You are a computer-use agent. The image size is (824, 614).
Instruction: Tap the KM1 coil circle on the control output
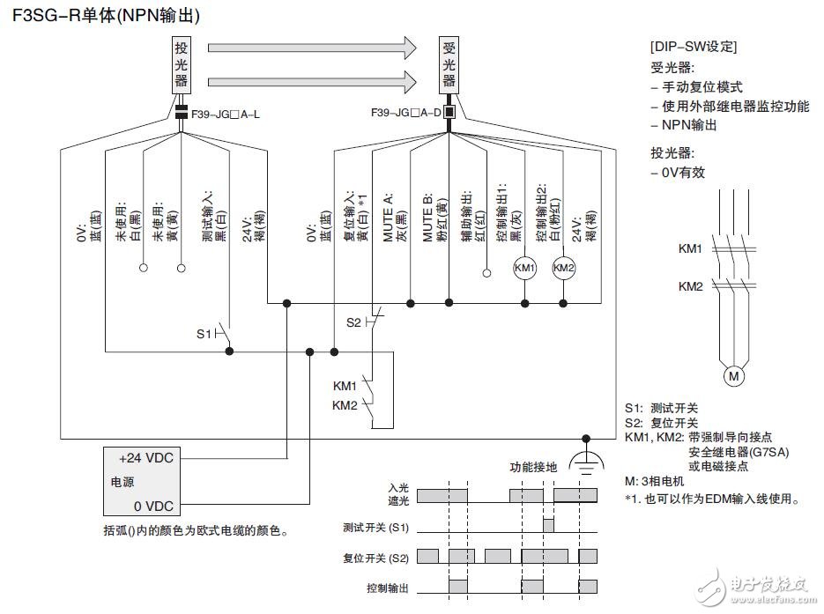[x=524, y=266]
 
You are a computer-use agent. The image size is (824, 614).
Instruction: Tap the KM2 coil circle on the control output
[x=563, y=266]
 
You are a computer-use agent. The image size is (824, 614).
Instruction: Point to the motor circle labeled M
[x=733, y=376]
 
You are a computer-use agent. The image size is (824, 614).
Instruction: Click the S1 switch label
[x=204, y=334]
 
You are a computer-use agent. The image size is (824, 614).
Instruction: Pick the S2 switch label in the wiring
[x=354, y=322]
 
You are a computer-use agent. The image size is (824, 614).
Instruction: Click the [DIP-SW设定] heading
[x=693, y=47]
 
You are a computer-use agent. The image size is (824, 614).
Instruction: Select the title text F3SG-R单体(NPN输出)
[x=106, y=15]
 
